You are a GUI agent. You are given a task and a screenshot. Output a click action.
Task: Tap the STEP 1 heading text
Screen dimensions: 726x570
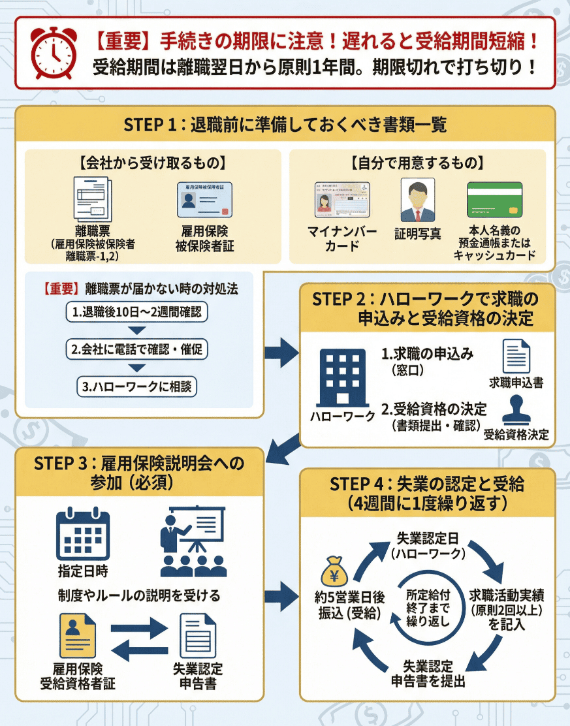pyautogui.click(x=285, y=124)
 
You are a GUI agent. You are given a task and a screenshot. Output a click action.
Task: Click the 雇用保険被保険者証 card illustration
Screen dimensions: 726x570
pyautogui.click(x=205, y=199)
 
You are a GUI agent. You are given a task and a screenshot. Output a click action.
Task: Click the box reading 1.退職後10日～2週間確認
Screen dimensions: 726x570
pyautogui.click(x=137, y=312)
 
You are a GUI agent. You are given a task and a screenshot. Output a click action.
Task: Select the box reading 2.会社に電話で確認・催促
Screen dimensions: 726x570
pyautogui.click(x=137, y=349)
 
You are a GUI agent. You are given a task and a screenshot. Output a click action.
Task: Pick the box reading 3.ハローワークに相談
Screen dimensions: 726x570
pyautogui.click(x=137, y=386)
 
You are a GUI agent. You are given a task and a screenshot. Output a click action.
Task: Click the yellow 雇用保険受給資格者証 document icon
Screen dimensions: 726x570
pyautogui.click(x=77, y=635)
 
